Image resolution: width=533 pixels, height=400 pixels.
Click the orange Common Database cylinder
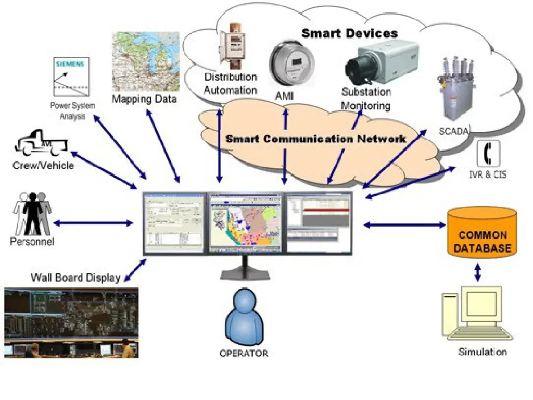click(482, 233)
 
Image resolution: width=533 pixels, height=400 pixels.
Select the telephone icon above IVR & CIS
click(488, 154)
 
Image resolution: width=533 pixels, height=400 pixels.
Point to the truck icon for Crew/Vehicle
click(41, 144)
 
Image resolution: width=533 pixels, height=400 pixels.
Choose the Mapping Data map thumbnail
click(146, 61)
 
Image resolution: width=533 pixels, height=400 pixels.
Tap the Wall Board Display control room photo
click(71, 323)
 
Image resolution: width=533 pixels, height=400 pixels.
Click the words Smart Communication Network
click(315, 139)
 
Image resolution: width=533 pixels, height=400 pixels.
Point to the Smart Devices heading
click(350, 34)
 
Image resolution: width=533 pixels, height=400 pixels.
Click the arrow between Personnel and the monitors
click(93, 223)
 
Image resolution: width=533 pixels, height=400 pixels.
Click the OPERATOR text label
click(244, 354)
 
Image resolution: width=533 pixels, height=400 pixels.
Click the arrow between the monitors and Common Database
click(404, 225)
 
